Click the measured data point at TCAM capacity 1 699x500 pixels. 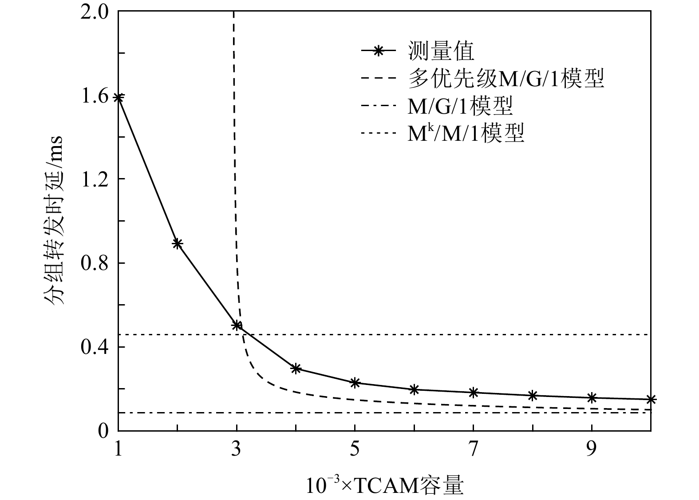(x=118, y=97)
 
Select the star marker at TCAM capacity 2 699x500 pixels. (x=178, y=243)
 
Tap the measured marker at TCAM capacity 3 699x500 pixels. (x=237, y=325)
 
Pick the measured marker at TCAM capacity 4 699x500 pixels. (x=296, y=368)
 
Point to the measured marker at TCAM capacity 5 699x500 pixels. (x=355, y=382)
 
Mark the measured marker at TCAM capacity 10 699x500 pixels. (x=651, y=400)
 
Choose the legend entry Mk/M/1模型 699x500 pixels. (x=466, y=133)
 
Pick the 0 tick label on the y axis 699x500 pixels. (x=103, y=430)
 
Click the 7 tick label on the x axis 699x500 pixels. (x=473, y=450)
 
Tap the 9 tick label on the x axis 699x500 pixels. (x=591, y=450)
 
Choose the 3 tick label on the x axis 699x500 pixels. (x=237, y=450)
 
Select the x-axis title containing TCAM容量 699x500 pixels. (x=384, y=485)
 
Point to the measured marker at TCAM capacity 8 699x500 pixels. (x=533, y=395)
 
